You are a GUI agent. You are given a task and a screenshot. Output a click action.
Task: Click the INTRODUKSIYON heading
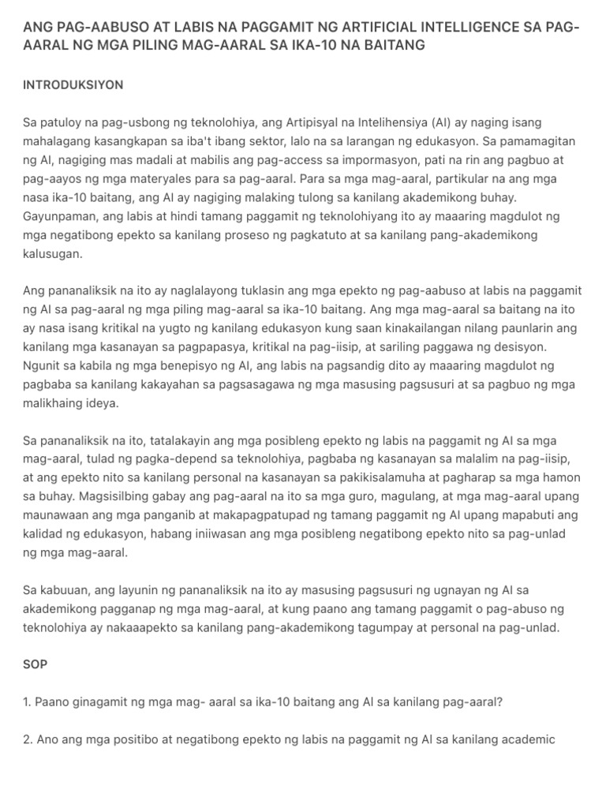click(73, 84)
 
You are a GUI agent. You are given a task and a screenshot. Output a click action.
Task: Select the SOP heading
click(35, 664)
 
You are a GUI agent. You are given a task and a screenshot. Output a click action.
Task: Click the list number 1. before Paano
click(28, 701)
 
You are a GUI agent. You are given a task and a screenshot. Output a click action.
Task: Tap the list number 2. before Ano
click(28, 739)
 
